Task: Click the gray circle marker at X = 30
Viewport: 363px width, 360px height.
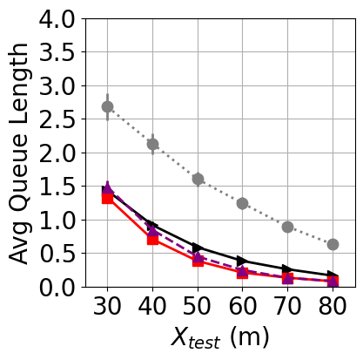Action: (x=107, y=106)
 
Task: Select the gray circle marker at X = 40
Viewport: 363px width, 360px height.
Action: (x=152, y=144)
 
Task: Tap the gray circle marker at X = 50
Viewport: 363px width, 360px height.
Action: (x=198, y=179)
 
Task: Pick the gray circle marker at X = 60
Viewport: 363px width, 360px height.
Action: (x=242, y=203)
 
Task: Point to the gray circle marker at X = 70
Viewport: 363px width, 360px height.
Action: (x=287, y=227)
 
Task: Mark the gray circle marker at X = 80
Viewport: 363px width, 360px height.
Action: (x=333, y=244)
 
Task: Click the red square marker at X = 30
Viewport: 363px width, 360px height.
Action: (x=107, y=198)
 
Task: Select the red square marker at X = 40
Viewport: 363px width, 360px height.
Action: (x=152, y=239)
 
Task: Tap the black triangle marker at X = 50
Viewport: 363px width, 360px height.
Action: (x=198, y=248)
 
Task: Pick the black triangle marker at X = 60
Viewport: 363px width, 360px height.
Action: (x=242, y=261)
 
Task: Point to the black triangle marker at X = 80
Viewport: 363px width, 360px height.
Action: (x=333, y=275)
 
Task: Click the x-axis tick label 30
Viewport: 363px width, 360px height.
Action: (x=107, y=307)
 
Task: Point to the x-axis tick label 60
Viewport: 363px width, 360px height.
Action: (x=242, y=307)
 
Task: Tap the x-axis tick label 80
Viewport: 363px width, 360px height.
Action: (x=333, y=307)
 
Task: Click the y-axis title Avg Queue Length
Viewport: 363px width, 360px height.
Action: (x=20, y=153)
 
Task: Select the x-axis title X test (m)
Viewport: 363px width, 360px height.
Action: (x=220, y=338)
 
